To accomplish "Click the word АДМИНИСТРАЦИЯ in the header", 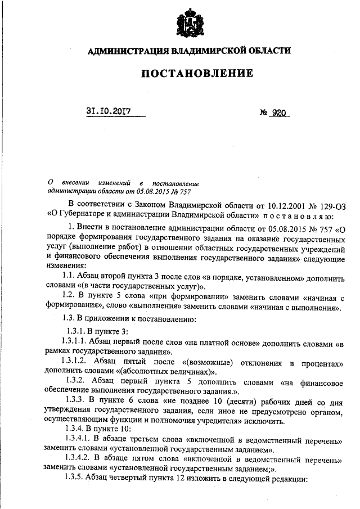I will (128, 51).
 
